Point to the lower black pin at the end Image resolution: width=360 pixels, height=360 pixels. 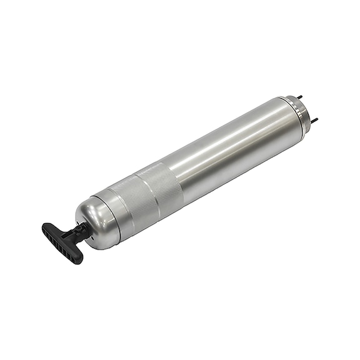click(x=314, y=119)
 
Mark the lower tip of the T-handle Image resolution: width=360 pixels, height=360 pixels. click(x=78, y=259)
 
